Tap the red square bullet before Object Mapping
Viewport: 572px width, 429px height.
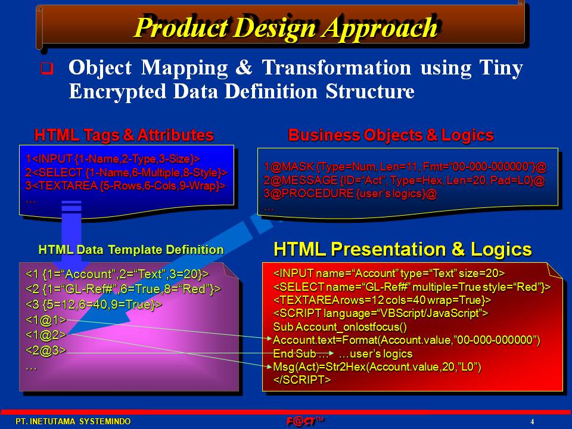click(x=46, y=68)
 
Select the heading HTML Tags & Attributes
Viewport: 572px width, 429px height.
click(x=124, y=135)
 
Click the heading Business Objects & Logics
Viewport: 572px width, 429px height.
click(x=391, y=135)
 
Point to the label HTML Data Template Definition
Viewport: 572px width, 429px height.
click(x=131, y=250)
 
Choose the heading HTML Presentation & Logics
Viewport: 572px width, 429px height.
click(x=402, y=250)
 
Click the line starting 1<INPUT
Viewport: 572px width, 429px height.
click(x=113, y=158)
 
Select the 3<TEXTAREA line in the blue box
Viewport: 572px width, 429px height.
click(x=126, y=186)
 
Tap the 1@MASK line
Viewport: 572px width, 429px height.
click(x=405, y=167)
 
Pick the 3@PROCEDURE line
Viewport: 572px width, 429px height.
click(x=350, y=193)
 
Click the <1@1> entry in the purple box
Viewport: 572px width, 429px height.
click(x=46, y=320)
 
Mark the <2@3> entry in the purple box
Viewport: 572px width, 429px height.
click(x=46, y=350)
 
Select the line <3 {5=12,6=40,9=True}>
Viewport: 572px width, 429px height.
click(x=94, y=304)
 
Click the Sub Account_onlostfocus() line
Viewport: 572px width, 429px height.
click(x=340, y=327)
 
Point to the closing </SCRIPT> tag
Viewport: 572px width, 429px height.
click(x=302, y=380)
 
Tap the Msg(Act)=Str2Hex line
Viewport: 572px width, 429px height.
click(x=377, y=366)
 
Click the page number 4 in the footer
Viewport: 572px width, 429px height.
click(x=532, y=422)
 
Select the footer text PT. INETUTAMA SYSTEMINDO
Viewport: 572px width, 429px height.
click(x=73, y=421)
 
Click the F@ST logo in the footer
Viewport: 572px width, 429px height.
click(x=305, y=421)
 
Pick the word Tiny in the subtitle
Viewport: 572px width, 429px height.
click(x=501, y=68)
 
